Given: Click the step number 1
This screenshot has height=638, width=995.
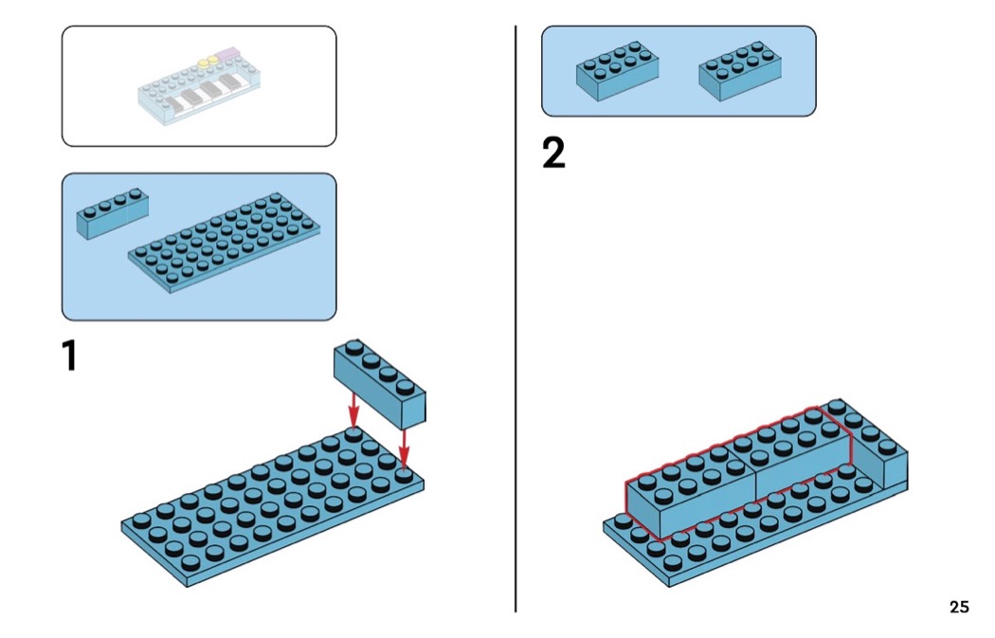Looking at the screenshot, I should (68, 355).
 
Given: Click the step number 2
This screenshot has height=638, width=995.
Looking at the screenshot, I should (553, 154).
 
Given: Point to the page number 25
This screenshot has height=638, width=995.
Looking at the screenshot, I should (959, 607).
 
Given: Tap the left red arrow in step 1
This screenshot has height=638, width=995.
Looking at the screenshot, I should (353, 410).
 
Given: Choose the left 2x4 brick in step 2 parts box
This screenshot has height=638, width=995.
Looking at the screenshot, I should (617, 72).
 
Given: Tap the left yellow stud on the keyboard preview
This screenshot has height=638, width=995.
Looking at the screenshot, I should (203, 64).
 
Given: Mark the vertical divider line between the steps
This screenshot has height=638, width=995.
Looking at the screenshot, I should (516, 322).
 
